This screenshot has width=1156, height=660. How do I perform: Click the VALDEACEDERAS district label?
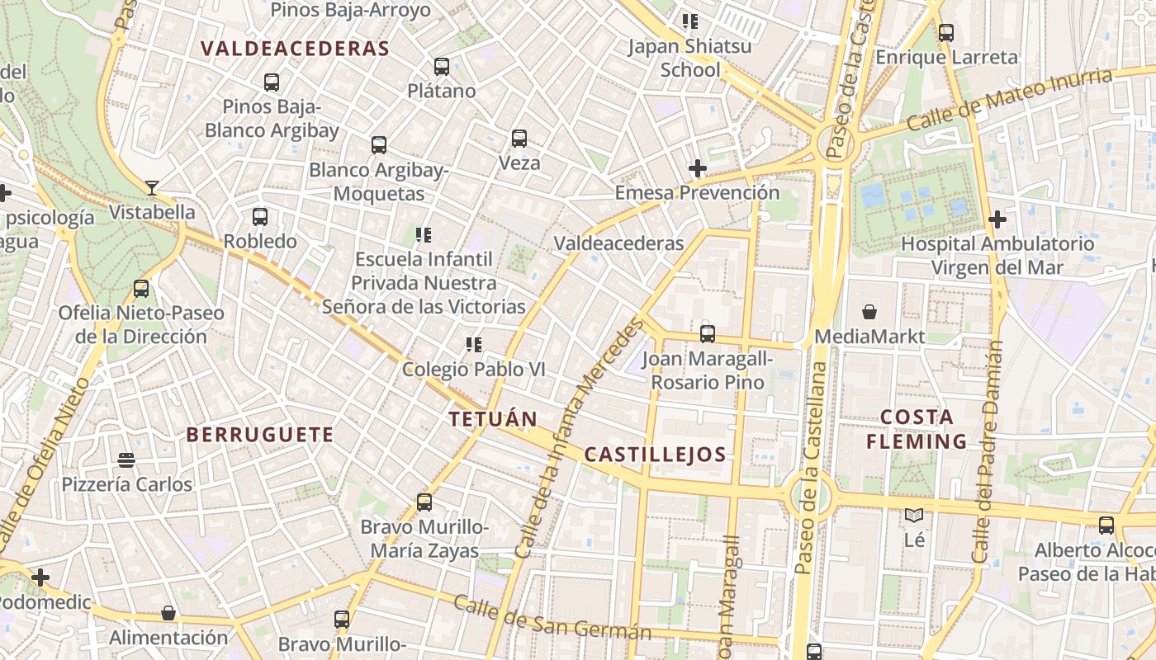pos(295,49)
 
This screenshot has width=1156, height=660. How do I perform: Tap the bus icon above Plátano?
pos(442,67)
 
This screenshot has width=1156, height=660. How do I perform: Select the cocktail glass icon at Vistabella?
pos(151,188)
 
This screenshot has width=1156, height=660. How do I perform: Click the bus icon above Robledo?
pos(260,217)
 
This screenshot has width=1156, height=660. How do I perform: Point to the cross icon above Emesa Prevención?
pos(698,169)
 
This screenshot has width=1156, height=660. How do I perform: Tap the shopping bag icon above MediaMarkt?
pos(869,312)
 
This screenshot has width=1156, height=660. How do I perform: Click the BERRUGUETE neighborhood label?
pos(260,435)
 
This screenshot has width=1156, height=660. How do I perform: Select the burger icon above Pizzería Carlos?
pos(126,460)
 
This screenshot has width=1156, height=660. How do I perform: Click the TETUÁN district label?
pos(493,418)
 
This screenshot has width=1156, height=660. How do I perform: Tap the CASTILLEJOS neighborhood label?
pos(655,455)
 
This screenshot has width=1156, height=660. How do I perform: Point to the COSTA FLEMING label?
pos(917,429)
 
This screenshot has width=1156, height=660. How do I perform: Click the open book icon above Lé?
pos(913,516)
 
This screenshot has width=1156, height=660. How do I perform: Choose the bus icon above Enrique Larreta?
pos(946,33)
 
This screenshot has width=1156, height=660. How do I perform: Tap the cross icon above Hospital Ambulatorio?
pos(997,219)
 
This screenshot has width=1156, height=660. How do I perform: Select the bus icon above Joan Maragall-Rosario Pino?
pos(708,334)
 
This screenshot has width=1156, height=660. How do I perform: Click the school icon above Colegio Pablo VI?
pos(473,344)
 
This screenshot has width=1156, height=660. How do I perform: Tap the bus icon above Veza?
pos(519,139)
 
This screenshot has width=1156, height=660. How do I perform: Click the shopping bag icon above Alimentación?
pos(168,613)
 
